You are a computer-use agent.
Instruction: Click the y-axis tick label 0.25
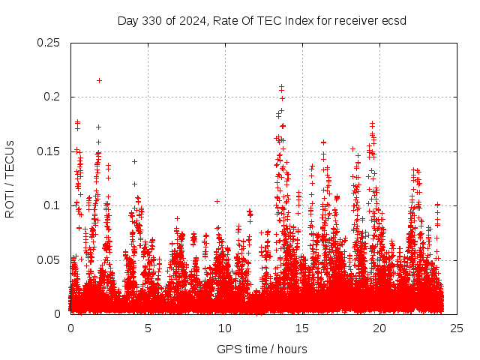coord(49,43)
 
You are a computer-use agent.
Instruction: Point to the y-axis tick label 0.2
coord(52,97)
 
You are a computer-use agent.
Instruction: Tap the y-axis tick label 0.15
coord(49,151)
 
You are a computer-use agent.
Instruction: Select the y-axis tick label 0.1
coord(52,205)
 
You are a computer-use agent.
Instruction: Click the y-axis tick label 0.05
coord(49,259)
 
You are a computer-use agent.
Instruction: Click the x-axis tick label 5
coord(148,328)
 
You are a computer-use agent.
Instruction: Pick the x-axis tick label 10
coord(225,328)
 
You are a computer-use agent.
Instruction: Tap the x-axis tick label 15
coord(302,328)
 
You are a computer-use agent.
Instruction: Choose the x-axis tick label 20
coord(379,328)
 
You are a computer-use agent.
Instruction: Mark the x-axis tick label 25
coord(456,328)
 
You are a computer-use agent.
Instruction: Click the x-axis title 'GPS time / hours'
coord(262,349)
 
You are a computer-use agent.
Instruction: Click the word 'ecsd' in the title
coord(394,20)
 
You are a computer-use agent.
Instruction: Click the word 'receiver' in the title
coord(355,20)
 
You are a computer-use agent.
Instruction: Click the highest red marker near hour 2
coord(99,80)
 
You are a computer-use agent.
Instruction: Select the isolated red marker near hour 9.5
coord(217,201)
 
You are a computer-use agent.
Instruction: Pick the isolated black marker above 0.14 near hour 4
coord(134,161)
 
